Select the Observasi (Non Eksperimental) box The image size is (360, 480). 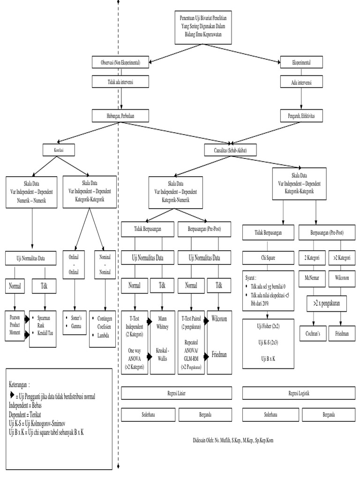click(x=121, y=62)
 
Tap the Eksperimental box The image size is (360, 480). click(x=301, y=62)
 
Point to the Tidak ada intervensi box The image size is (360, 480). click(x=121, y=82)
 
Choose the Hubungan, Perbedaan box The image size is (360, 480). click(x=121, y=115)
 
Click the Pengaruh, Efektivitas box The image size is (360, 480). click(x=301, y=115)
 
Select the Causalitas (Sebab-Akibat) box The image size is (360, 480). click(x=229, y=150)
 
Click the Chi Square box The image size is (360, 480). click(x=269, y=258)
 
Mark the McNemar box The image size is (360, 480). click(x=312, y=277)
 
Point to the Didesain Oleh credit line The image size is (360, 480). click(x=233, y=441)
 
